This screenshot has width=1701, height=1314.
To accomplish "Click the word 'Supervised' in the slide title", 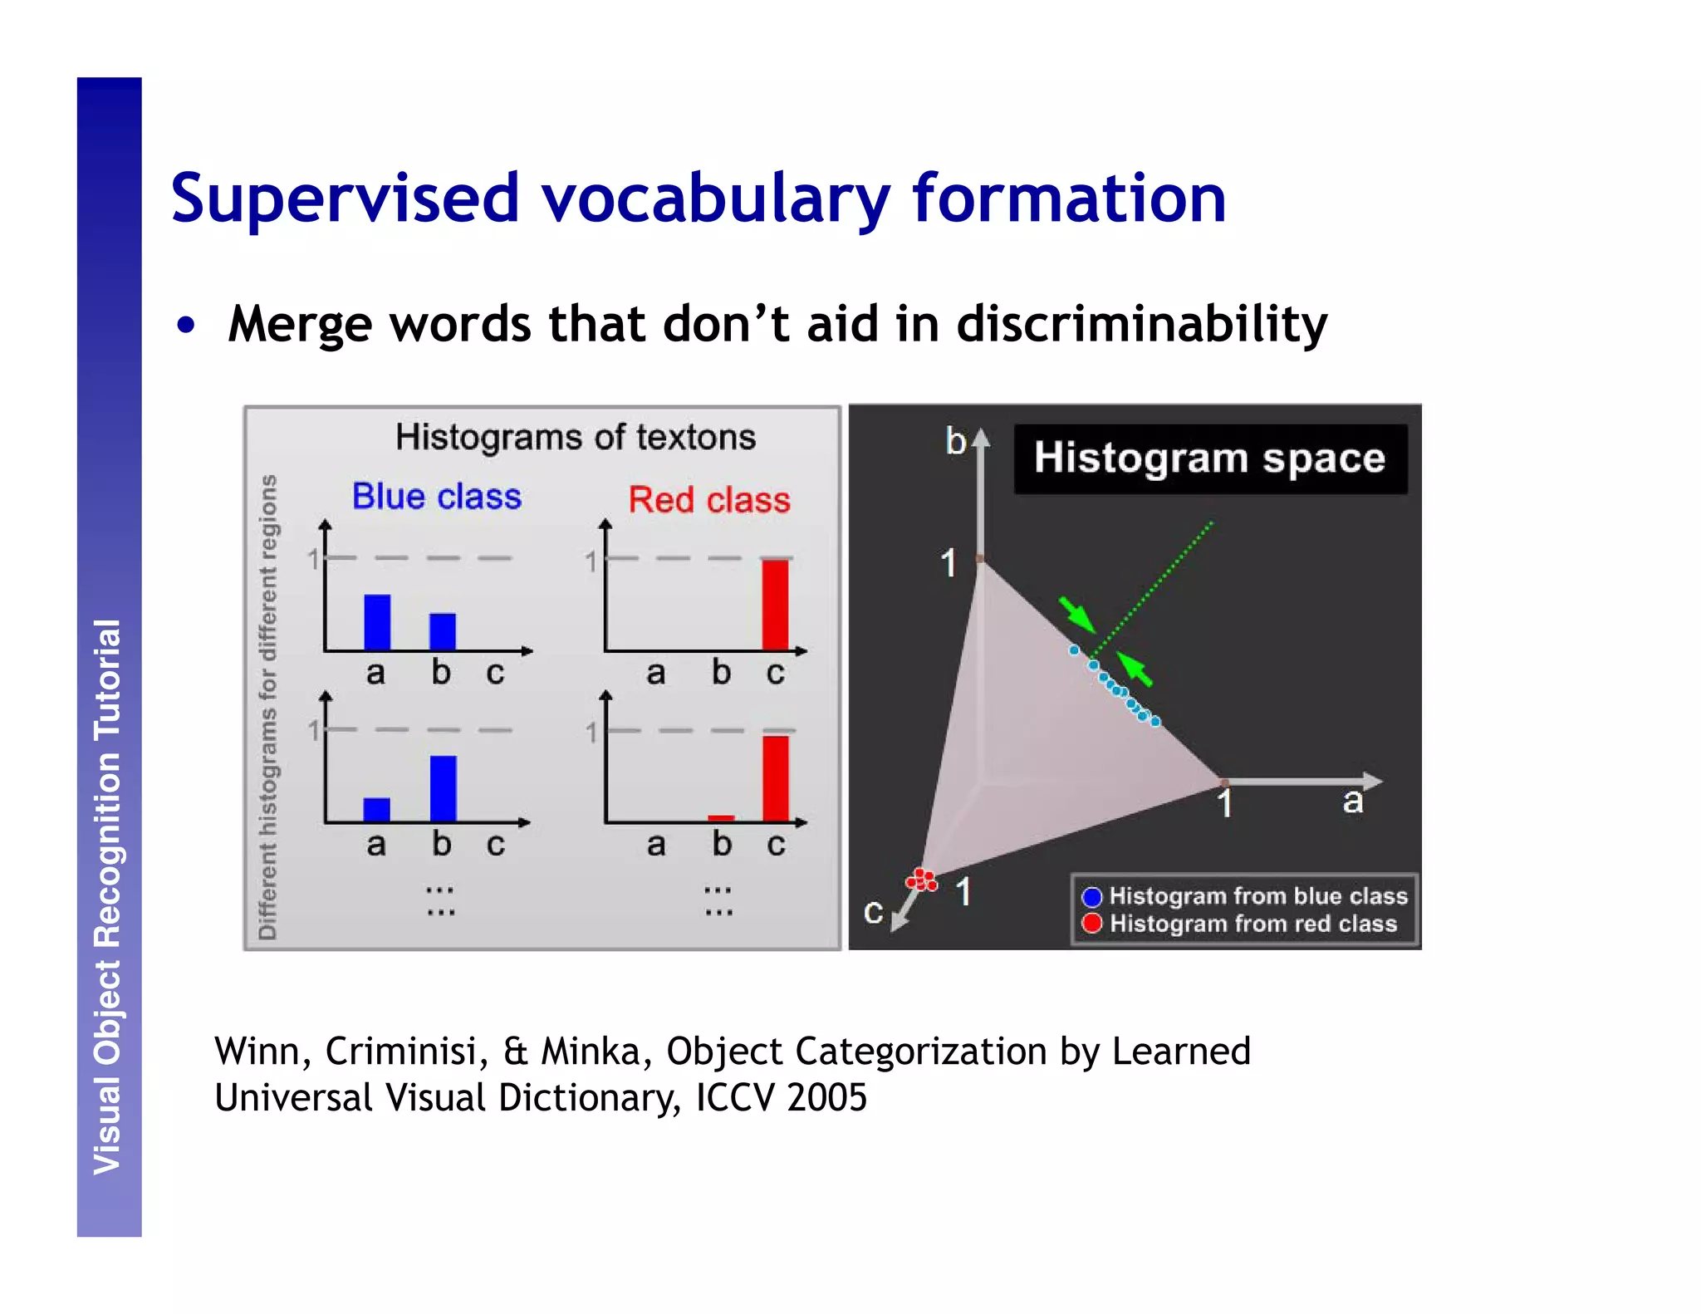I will click(345, 199).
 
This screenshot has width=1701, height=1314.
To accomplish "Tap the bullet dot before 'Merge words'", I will click(186, 325).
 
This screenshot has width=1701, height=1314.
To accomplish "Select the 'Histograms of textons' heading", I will click(575, 437).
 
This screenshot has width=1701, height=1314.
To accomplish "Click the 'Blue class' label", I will click(437, 497).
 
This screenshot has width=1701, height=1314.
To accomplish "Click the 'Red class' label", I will click(708, 500).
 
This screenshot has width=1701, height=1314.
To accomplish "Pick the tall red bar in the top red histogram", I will click(775, 604).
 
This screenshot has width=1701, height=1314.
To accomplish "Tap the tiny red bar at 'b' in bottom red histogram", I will click(721, 817).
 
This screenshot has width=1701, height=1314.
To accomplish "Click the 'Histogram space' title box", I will click(1209, 458).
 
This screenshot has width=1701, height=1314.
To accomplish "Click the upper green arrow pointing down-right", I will click(1077, 614).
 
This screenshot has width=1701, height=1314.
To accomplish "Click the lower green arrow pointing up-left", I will click(1135, 669).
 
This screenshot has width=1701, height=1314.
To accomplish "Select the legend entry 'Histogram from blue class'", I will click(1246, 896).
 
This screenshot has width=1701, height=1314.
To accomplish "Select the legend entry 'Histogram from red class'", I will click(1242, 924).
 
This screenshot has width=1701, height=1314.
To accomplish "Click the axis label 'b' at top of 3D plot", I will click(955, 441).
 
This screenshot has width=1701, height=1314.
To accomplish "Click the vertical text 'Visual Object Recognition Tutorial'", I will click(108, 897).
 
